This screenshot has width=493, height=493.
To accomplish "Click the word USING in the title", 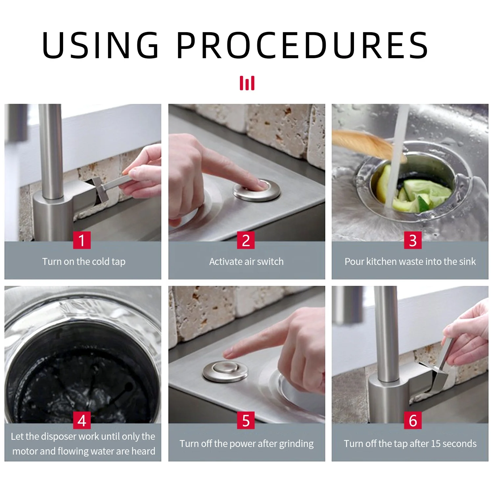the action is pyautogui.click(x=100, y=45).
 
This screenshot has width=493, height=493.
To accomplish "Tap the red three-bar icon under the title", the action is pyautogui.click(x=247, y=83).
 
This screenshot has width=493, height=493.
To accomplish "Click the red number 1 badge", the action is pyautogui.click(x=82, y=240).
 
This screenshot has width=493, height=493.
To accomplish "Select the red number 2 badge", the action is pyautogui.click(x=246, y=240).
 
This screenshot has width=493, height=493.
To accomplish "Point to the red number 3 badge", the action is pyautogui.click(x=413, y=240).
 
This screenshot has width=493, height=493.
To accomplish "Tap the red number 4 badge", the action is pyautogui.click(x=82, y=420).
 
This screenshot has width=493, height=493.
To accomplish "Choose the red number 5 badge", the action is pyautogui.click(x=246, y=420).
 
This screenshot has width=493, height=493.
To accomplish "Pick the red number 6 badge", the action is pyautogui.click(x=413, y=420).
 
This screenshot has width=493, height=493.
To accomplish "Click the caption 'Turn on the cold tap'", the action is pyautogui.click(x=84, y=262).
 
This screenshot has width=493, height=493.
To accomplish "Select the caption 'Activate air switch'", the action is pyautogui.click(x=246, y=262).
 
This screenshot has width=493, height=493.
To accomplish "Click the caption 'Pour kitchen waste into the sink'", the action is pyautogui.click(x=410, y=262).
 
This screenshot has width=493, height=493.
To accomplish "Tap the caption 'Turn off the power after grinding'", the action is pyautogui.click(x=246, y=444).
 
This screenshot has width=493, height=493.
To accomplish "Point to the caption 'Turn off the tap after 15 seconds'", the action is pyautogui.click(x=410, y=444).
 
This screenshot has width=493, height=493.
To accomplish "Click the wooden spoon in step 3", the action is pyautogui.click(x=365, y=141).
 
